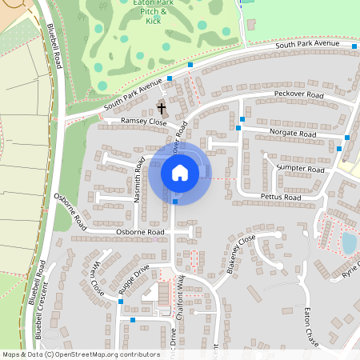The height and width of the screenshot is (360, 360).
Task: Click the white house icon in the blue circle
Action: point(180,172)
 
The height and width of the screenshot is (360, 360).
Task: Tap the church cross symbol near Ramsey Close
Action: point(162,108)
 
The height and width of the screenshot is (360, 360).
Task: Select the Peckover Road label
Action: point(298,95)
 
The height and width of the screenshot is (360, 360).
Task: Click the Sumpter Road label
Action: point(301,169)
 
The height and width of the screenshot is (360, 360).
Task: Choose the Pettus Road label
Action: point(280,197)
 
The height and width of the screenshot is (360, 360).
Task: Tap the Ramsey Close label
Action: point(143,122)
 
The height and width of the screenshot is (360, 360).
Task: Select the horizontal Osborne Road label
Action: point(140,232)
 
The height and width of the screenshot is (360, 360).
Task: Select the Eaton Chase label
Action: point(312,325)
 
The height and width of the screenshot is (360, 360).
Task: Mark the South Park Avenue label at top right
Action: point(308,46)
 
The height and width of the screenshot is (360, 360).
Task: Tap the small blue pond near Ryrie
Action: point(349,242)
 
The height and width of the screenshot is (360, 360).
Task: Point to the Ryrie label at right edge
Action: point(350,269)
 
